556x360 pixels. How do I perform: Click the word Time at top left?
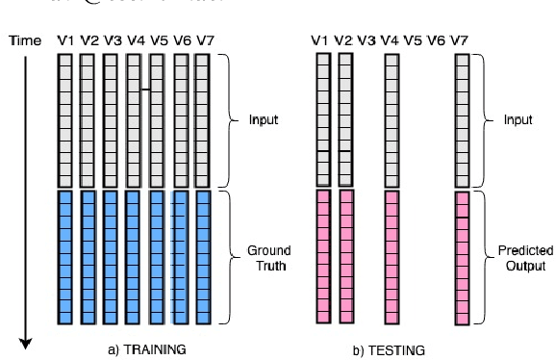coord(24,40)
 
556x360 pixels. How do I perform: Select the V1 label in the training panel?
coord(64,40)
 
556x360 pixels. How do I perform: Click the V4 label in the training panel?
coord(134,40)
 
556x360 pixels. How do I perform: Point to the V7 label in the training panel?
coord(203,40)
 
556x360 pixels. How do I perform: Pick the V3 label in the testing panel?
coord(366,40)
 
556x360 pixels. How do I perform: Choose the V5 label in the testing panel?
coord(414,40)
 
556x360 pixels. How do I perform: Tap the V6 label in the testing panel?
coord(437,40)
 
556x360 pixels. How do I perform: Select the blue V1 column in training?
coord(64,256)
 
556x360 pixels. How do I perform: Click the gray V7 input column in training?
coord(203,120)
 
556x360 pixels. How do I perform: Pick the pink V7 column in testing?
coord(462,258)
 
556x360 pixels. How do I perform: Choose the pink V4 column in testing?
coord(391,256)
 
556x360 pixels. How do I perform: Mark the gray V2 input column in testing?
coord(346,120)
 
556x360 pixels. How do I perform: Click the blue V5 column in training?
coord(157,256)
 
